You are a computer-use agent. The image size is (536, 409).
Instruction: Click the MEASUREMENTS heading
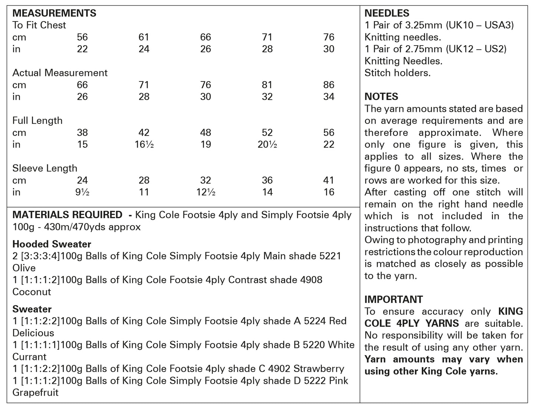pos(54,13)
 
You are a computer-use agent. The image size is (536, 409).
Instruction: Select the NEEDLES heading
pos(387,13)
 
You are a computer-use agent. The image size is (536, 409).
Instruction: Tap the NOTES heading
pos(381,97)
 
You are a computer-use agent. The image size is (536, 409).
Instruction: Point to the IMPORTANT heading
pos(394,299)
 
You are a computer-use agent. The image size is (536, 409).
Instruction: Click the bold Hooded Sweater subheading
pos(52,244)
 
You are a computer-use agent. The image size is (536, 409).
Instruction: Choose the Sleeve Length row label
pos(45,168)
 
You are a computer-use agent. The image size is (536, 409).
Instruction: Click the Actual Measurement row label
pos(60,73)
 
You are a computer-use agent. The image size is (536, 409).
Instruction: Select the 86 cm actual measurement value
pos(329,85)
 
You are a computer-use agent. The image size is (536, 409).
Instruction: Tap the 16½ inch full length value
pos(144,144)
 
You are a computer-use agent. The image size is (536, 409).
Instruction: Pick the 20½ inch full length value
pos(267,144)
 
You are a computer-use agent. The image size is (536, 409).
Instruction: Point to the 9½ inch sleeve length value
pos(82,192)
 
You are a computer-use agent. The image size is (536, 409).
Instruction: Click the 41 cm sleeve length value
pos(329,180)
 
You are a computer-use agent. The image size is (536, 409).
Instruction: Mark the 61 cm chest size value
pos(144,37)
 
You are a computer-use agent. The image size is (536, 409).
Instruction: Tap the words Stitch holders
pos(397,73)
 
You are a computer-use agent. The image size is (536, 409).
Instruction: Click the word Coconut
pos(32,292)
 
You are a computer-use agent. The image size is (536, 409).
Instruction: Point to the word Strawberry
pos(319,369)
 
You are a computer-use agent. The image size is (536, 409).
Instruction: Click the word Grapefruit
pos(35,393)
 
